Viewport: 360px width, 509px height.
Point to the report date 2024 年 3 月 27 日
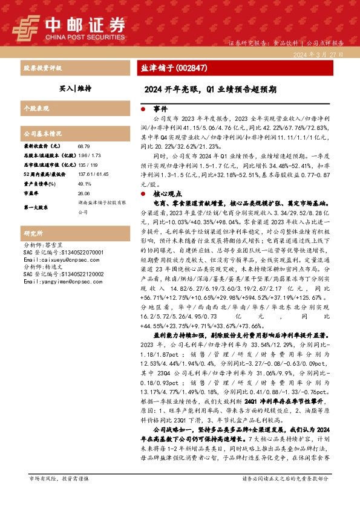point(320,54)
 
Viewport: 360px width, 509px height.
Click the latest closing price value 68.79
point(83,146)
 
